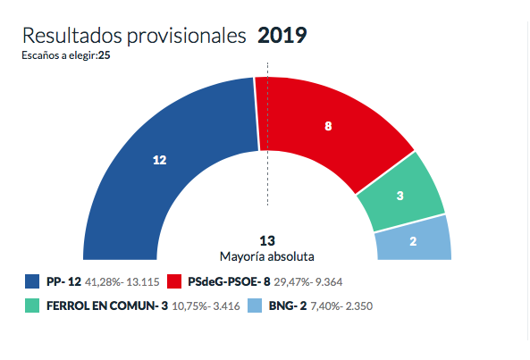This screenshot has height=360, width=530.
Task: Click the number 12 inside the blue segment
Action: tap(160, 160)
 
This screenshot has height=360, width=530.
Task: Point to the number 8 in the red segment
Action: tap(329, 127)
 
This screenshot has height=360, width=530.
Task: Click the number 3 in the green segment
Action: tap(400, 196)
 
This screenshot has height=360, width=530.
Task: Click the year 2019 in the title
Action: tap(282, 36)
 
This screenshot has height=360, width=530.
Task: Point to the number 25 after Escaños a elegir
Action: tap(105, 55)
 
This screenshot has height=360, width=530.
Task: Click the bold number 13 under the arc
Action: tap(266, 240)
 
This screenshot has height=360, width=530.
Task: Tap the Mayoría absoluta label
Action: tap(266, 255)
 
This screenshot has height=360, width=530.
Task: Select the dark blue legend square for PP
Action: tap(32, 282)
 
